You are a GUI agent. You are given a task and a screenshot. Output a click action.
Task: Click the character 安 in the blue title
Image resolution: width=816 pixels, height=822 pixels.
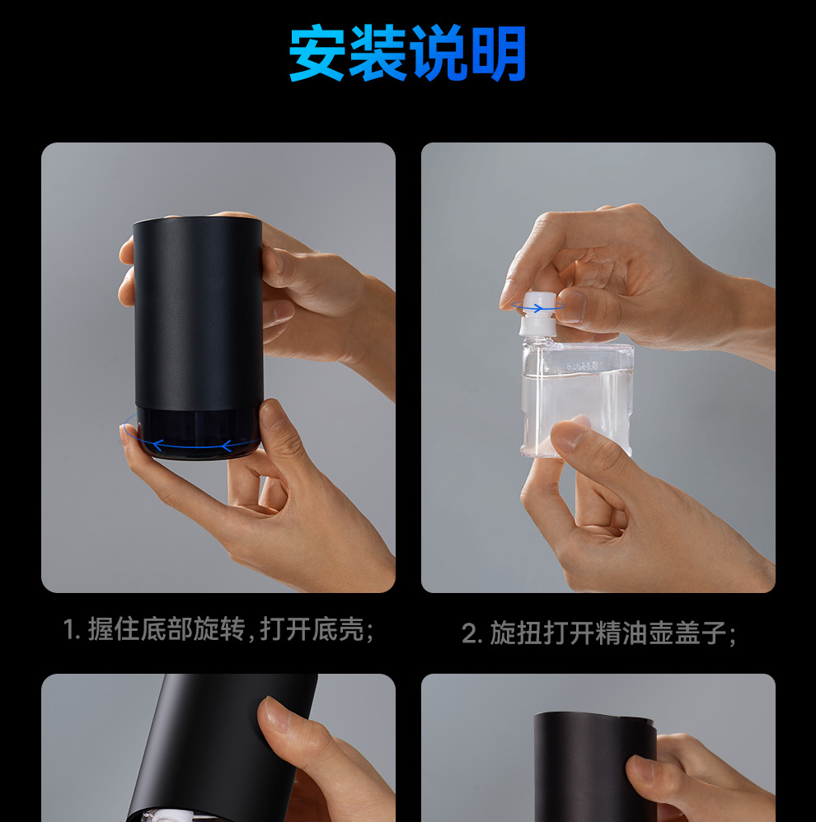(317, 53)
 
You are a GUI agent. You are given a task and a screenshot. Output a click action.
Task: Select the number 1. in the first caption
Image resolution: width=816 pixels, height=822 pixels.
(72, 629)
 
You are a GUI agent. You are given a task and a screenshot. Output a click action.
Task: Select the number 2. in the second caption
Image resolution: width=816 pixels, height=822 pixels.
(471, 633)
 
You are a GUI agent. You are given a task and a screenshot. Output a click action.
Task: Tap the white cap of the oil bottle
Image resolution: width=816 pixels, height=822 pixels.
(537, 314)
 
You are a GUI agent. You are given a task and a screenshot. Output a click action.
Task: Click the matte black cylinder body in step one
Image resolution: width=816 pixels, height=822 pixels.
(198, 314)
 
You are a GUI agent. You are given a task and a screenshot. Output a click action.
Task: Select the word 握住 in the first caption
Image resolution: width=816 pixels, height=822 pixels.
(114, 629)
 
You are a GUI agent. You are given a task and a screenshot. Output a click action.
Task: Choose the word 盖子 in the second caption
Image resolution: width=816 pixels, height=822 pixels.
(701, 633)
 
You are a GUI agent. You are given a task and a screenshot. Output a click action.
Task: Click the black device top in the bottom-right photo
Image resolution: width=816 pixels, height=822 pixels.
(595, 718)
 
